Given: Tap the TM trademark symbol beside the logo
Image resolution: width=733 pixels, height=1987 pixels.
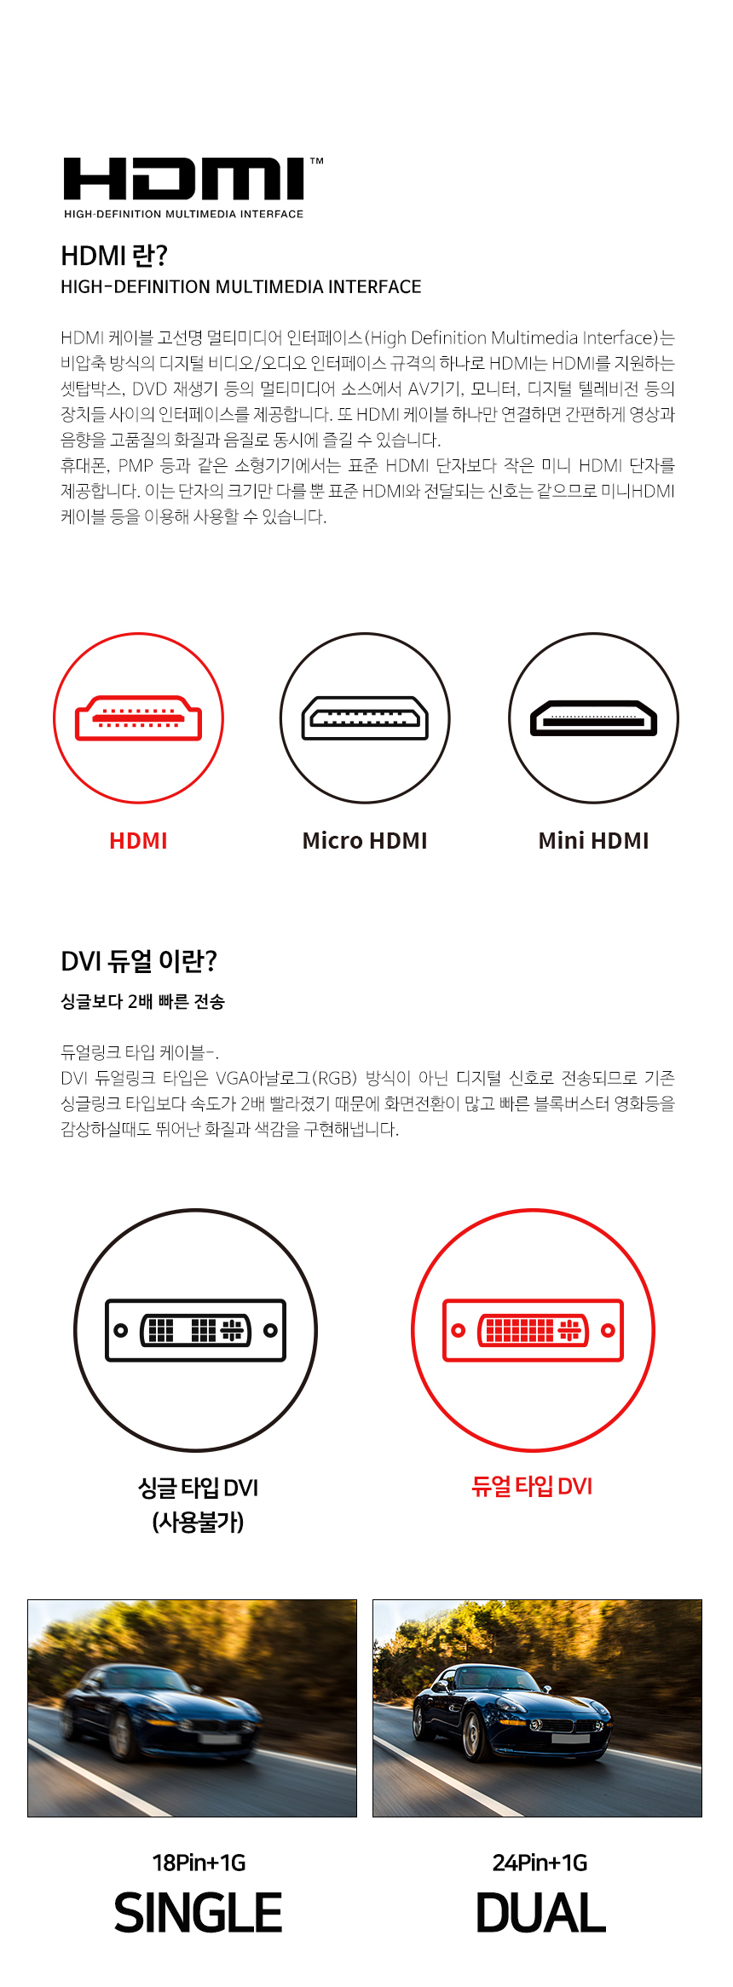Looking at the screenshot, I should coord(316,161).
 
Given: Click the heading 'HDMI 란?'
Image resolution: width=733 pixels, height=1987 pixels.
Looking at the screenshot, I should coord(114,256).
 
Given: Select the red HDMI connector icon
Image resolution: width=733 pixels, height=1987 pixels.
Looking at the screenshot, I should coord(139,718).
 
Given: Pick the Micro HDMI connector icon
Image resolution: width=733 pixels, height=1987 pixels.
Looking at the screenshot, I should coord(365,718).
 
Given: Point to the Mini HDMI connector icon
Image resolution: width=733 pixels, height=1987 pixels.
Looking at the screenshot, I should coord(593,718).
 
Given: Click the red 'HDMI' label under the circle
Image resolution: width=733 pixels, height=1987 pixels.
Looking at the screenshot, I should coord(138,841).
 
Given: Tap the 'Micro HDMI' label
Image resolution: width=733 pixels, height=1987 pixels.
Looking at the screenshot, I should coord(365,841).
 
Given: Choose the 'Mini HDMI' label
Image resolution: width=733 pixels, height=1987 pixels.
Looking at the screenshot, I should coord(593,841).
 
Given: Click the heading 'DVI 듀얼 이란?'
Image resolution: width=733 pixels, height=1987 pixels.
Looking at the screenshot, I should coord(139,961).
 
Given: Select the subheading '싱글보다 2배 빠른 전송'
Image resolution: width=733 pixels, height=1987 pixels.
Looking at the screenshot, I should coord(142,1002).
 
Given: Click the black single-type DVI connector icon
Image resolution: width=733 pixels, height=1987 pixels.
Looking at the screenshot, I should coord(195,1330).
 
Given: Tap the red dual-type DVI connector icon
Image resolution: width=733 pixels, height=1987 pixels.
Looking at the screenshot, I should coord(533,1330).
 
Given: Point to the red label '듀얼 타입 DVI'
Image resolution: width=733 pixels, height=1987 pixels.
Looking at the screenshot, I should coord(532,1487).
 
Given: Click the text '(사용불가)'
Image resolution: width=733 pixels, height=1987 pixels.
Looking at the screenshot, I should coord(198,1522).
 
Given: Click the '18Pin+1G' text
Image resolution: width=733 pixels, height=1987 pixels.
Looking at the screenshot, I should coord(199,1863).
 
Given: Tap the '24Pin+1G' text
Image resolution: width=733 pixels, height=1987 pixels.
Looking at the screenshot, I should coord(540,1863).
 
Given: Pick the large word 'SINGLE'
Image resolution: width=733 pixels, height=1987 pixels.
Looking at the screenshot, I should coord(198,1913).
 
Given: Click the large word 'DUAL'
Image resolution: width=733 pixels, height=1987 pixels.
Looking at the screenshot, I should coord(540,1913).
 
